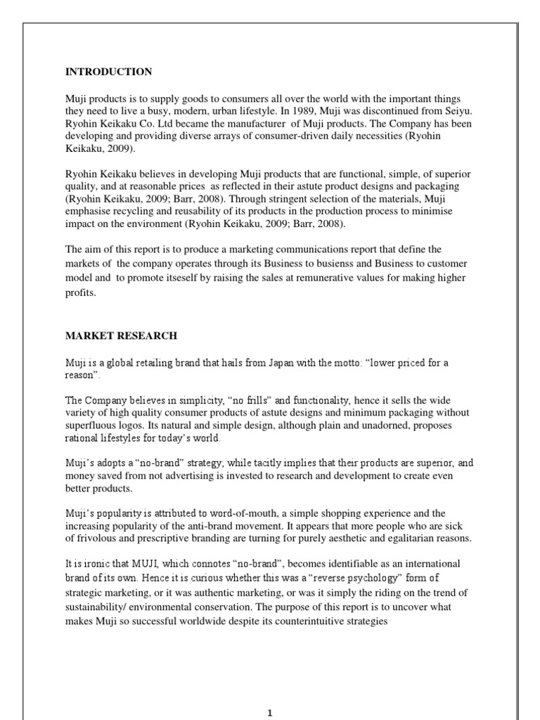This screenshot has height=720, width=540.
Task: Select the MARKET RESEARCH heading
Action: tap(121, 335)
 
